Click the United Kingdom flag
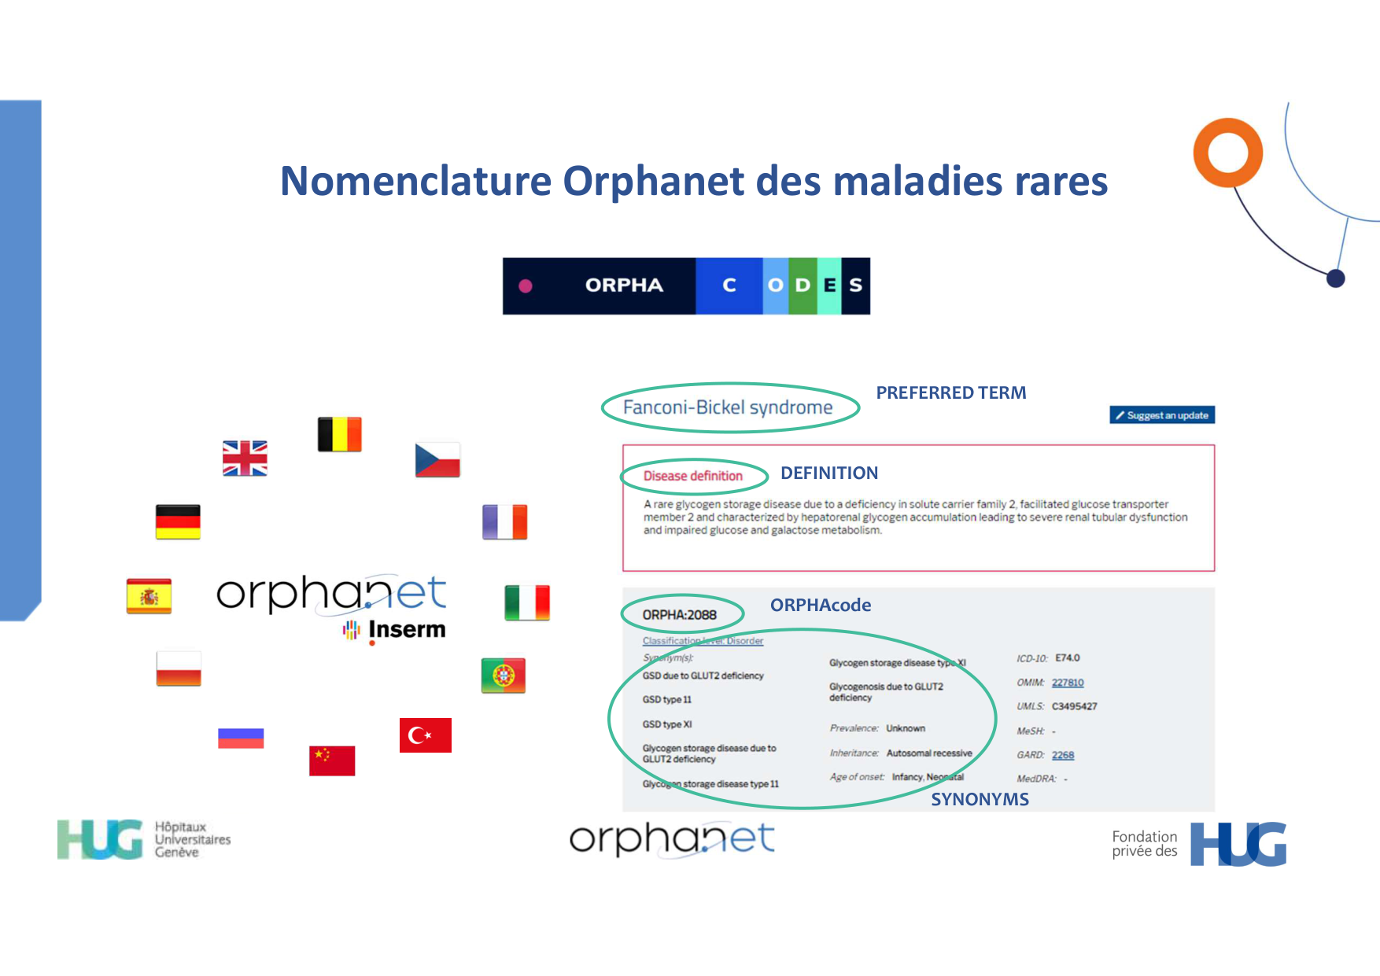pyautogui.click(x=245, y=458)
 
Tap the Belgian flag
pyautogui.click(x=339, y=434)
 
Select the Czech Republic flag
pyautogui.click(x=437, y=460)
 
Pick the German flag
pyautogui.click(x=178, y=521)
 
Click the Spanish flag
pyautogui.click(x=149, y=596)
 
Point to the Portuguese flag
pyautogui.click(x=503, y=676)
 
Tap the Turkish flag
pyautogui.click(x=425, y=735)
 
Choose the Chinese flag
pyautogui.click(x=332, y=761)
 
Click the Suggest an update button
pyautogui.click(x=1162, y=415)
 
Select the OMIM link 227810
pyautogui.click(x=1068, y=683)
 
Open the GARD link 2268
pyautogui.click(x=1063, y=755)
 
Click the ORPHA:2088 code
pyautogui.click(x=680, y=615)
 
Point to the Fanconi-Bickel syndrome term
pyautogui.click(x=728, y=407)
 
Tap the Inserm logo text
pyautogui.click(x=406, y=630)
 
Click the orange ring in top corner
pyautogui.click(x=1227, y=153)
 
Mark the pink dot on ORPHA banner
pyautogui.click(x=526, y=286)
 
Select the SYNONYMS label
pyautogui.click(x=980, y=800)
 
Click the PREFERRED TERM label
pyautogui.click(x=951, y=393)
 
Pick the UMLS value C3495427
pyautogui.click(x=1074, y=706)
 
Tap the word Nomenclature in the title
pyautogui.click(x=416, y=181)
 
